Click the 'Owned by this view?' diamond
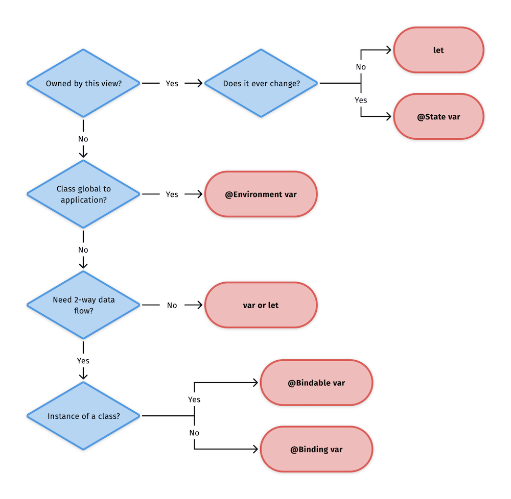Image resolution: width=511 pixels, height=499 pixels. tap(83, 83)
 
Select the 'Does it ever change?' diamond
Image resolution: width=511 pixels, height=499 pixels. tap(261, 83)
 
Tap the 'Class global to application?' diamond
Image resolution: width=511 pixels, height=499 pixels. tap(83, 194)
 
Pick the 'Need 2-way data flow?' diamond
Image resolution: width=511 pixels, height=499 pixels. tap(83, 305)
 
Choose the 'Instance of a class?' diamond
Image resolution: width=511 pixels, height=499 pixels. tap(83, 416)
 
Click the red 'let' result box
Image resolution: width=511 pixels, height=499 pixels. tap(438, 50)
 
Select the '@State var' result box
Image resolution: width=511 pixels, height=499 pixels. tap(438, 117)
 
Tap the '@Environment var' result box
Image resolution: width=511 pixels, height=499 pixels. tap(261, 194)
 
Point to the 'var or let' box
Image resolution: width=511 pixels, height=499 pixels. tap(261, 305)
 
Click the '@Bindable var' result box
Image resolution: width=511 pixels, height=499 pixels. tap(316, 383)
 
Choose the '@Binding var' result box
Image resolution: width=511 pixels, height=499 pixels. tap(316, 450)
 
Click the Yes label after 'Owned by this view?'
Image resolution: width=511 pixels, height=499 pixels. tap(172, 83)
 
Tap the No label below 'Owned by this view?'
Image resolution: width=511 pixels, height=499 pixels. tap(83, 139)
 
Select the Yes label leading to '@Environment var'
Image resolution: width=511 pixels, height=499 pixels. tap(172, 194)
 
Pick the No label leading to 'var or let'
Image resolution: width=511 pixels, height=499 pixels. tap(172, 305)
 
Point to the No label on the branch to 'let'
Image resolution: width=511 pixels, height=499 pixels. tap(361, 67)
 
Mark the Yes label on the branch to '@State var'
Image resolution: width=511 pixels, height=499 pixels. tap(361, 100)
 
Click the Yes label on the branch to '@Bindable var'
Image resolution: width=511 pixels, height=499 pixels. tap(194, 400)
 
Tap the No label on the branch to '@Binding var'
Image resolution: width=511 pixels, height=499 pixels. tap(194, 433)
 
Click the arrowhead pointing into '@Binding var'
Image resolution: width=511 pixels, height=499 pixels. tap(255, 450)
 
